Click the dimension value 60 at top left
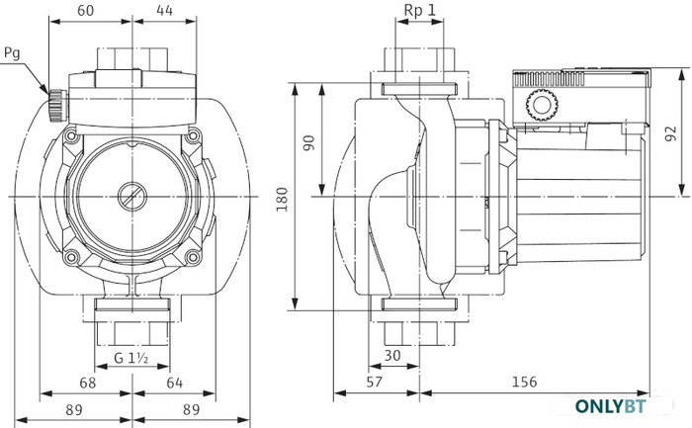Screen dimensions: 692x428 (x=86, y=10)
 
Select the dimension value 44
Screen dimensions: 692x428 (x=165, y=10)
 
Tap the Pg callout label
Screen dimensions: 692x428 (x=12, y=53)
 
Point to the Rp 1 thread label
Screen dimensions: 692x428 (x=420, y=10)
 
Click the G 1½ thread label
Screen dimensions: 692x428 (x=131, y=358)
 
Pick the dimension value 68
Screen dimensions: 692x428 (x=87, y=383)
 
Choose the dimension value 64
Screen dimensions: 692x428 (x=174, y=383)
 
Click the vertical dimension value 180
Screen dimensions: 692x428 (x=282, y=200)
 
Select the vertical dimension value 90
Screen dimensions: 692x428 (x=309, y=143)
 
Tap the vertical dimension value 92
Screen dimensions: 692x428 (x=670, y=133)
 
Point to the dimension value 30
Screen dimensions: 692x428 (x=391, y=355)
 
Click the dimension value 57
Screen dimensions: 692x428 (x=375, y=382)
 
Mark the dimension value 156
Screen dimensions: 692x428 (x=524, y=382)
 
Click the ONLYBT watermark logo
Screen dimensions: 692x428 (x=610, y=406)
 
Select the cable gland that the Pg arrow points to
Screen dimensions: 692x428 (x=57, y=106)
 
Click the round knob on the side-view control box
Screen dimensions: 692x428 (x=542, y=105)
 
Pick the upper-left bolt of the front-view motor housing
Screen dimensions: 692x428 (x=71, y=136)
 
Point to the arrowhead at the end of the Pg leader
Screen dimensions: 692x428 (x=48, y=94)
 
